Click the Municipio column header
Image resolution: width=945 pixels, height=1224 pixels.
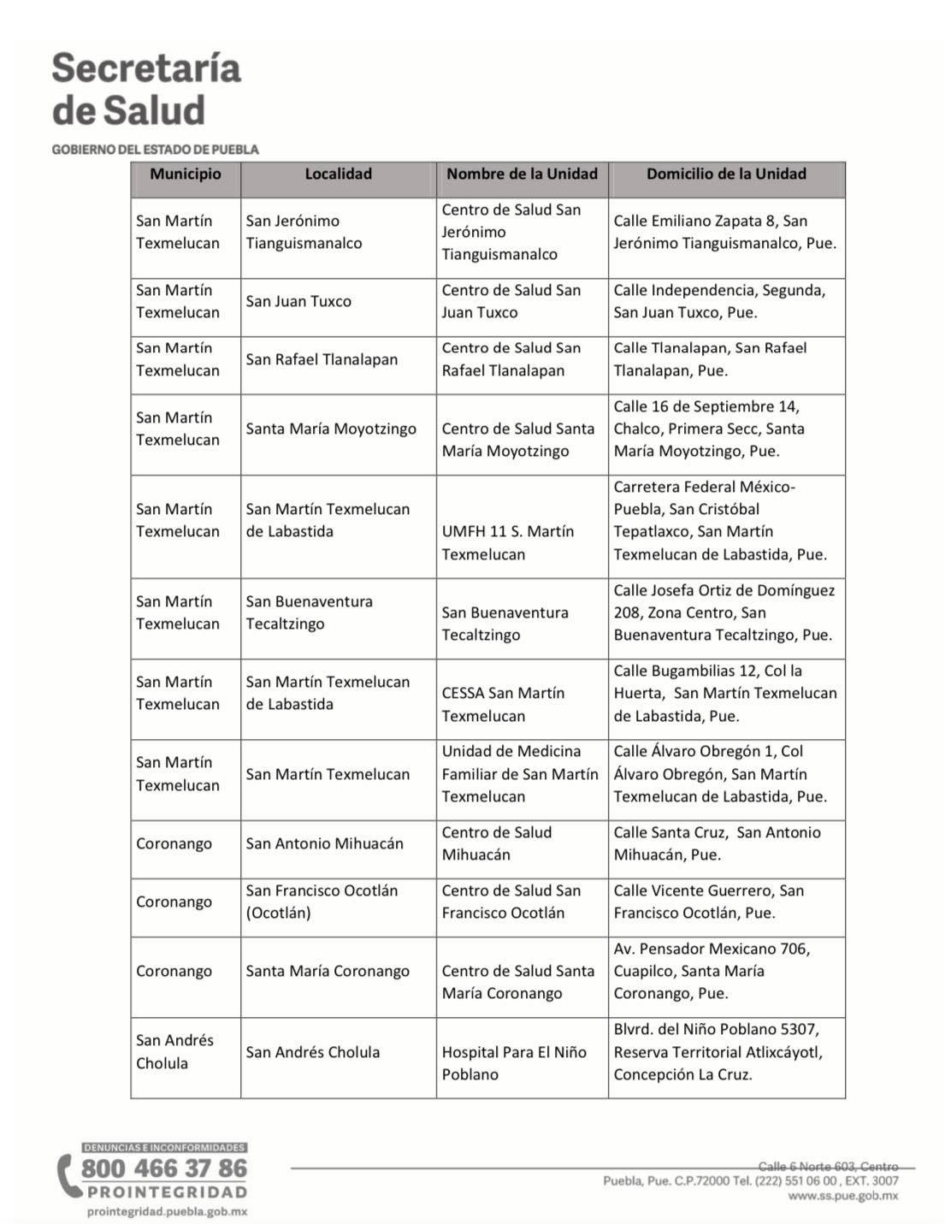(x=186, y=174)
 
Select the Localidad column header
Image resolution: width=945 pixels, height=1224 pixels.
(x=339, y=174)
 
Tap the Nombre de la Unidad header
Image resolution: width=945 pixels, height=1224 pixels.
(x=522, y=174)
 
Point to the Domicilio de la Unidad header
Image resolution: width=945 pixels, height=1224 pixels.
(x=726, y=174)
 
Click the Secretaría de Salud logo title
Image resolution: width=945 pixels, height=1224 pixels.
(x=146, y=90)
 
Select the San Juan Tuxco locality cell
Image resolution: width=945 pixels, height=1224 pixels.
(x=298, y=302)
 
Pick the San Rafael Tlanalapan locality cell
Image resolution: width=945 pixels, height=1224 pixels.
(x=322, y=360)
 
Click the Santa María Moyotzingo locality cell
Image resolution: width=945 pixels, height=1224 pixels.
(x=331, y=429)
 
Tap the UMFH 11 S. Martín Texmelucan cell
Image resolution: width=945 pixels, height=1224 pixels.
(x=507, y=543)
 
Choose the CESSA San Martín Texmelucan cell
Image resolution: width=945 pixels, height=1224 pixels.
(x=503, y=705)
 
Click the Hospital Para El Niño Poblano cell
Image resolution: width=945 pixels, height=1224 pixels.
(x=514, y=1063)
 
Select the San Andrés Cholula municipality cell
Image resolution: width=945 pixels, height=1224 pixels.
(x=174, y=1052)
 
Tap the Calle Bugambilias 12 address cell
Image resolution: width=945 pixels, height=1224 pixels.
(x=724, y=694)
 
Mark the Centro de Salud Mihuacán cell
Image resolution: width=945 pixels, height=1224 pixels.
(x=496, y=844)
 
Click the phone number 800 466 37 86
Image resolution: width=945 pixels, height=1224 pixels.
(x=164, y=1169)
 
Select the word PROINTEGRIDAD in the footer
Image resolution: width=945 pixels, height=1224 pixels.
(x=166, y=1192)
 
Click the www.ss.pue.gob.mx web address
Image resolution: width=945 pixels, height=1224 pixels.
(x=842, y=1196)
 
